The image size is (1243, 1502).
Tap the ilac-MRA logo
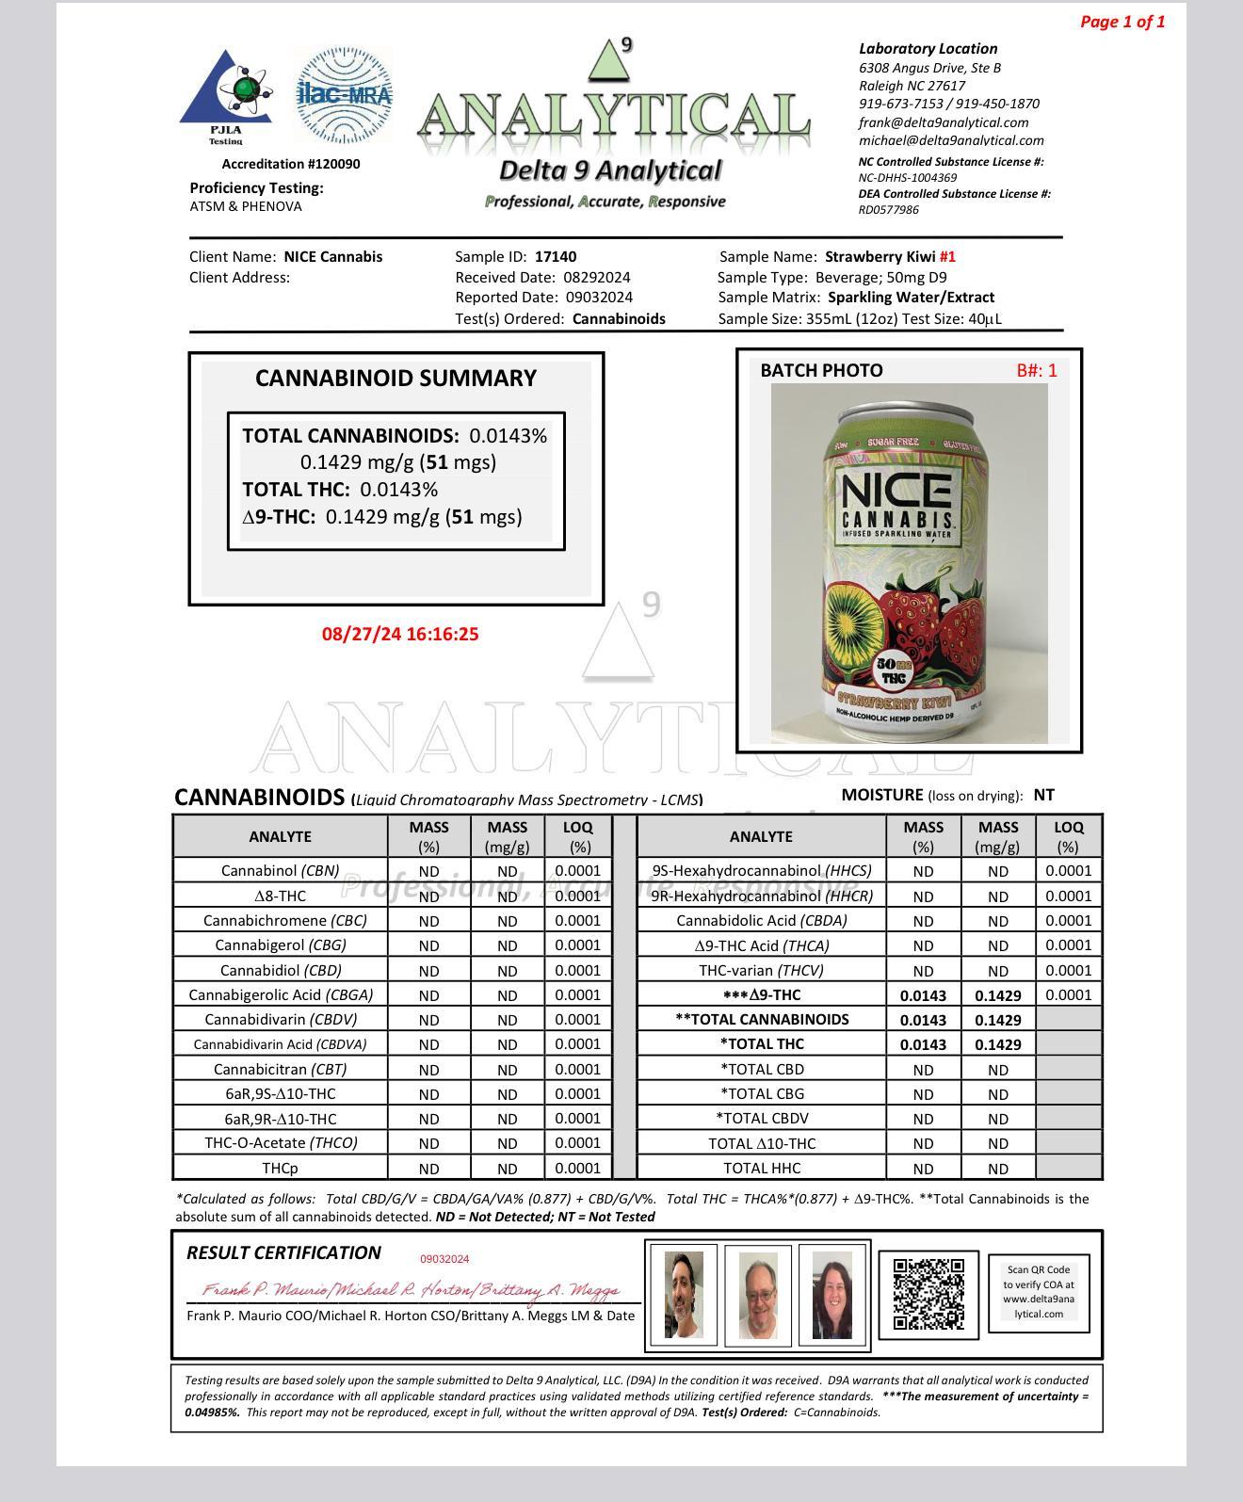point(345,94)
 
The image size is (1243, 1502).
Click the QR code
point(928,1294)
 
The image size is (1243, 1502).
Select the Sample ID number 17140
point(556,256)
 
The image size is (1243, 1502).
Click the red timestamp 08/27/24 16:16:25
point(400,634)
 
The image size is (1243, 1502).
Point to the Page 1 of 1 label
point(1122,22)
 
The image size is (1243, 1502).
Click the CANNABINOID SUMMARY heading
point(395,379)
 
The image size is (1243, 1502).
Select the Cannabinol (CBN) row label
point(280,871)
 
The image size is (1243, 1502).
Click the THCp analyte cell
point(280,1168)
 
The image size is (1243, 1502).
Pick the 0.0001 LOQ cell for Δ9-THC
point(1068,994)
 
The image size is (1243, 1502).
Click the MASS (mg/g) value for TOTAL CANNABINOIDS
point(997,1020)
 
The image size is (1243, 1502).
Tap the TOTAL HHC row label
point(761,1168)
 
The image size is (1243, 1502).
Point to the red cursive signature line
point(411,1289)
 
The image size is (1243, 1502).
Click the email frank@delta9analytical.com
point(943,122)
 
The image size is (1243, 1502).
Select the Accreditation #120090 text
point(291,164)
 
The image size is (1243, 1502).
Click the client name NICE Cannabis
point(332,256)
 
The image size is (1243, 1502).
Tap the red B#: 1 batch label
point(1036,370)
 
